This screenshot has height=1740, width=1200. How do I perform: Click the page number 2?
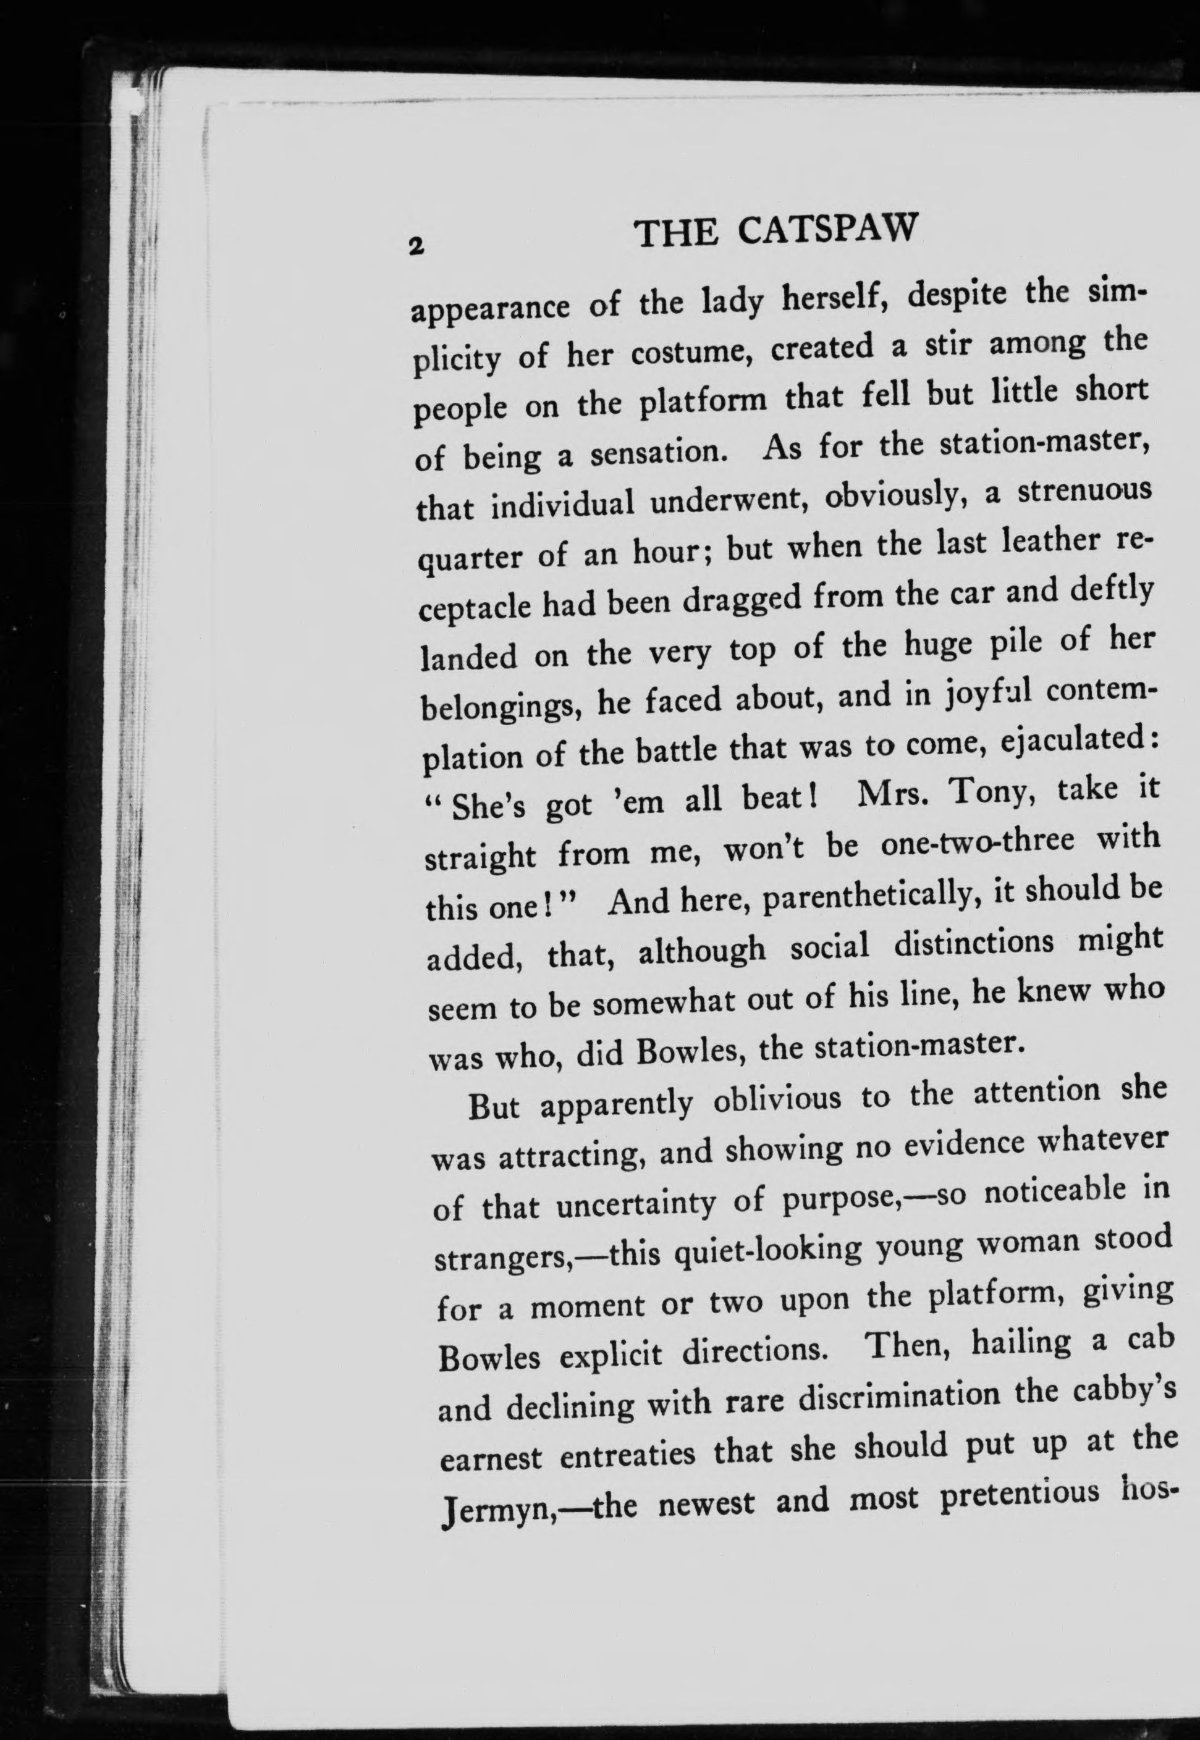click(x=413, y=245)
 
